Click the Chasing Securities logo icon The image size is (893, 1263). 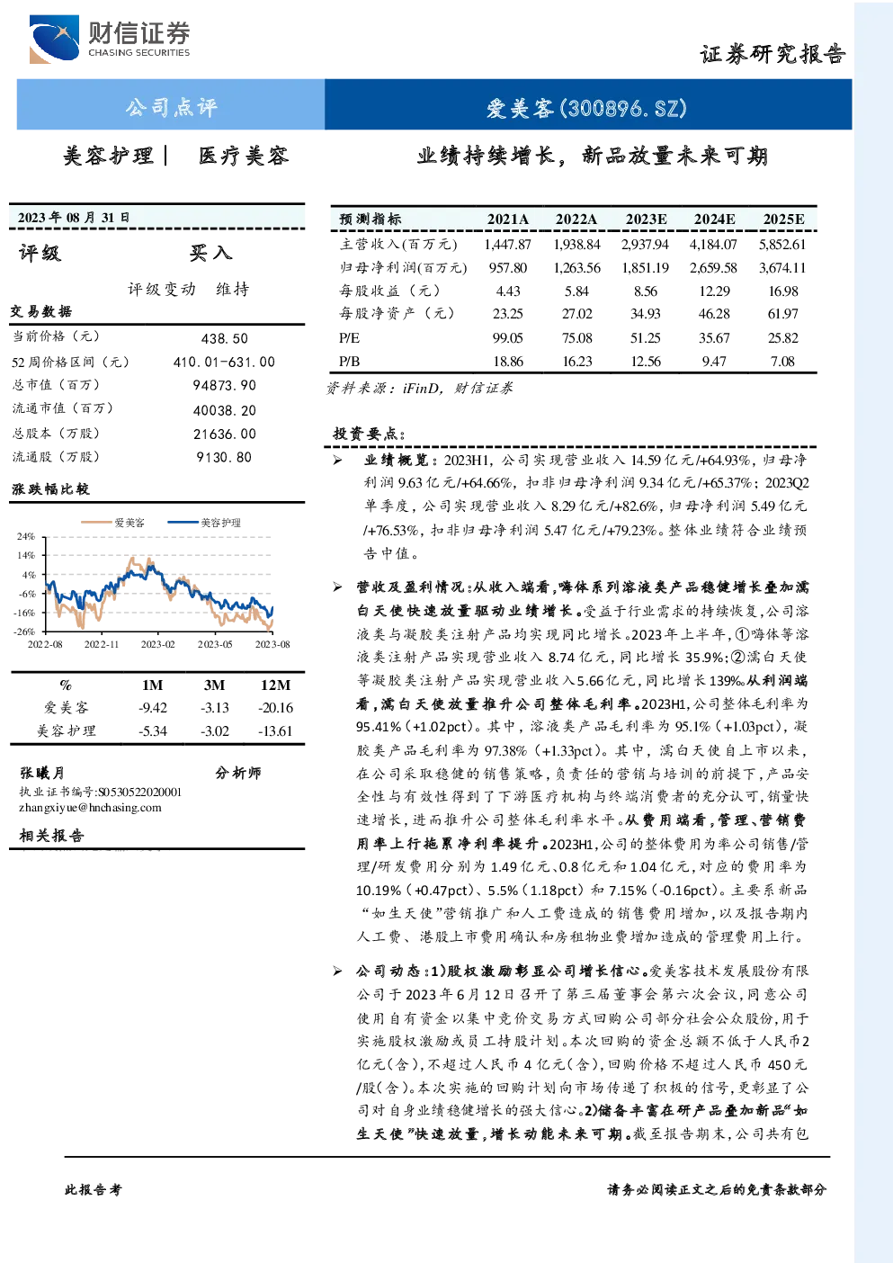(54, 39)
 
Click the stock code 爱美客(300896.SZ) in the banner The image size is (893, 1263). (586, 107)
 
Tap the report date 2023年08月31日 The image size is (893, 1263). (73, 218)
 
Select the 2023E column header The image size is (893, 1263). (646, 219)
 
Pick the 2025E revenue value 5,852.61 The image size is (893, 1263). (782, 245)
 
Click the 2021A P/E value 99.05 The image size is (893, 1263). (507, 338)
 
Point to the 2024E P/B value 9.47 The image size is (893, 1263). (714, 362)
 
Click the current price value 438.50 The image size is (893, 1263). (225, 339)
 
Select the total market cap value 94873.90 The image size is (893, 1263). (225, 386)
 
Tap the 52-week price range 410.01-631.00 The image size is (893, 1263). (225, 362)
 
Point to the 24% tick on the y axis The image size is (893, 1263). (26, 536)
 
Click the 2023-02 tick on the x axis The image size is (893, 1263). (158, 644)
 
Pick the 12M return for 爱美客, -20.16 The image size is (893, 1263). (275, 708)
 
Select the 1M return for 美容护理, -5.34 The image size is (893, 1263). (153, 731)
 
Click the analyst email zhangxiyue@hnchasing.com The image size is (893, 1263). (90, 808)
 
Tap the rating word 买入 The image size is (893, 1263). (210, 253)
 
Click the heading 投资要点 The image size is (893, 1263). (369, 434)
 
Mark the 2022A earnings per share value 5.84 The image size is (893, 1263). (576, 291)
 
